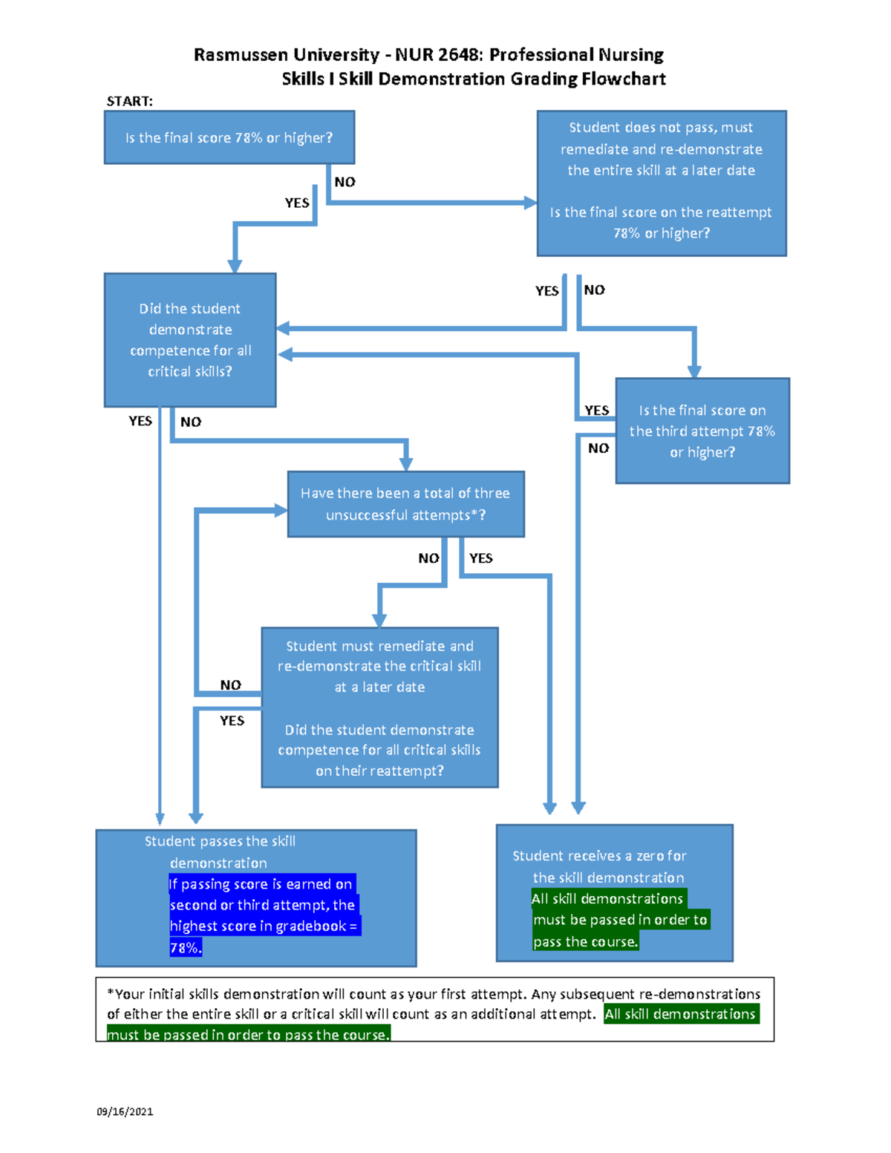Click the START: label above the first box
point(129,101)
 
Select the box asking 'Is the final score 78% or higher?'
point(229,137)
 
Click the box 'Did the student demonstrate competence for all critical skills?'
point(190,340)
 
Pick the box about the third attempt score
point(702,431)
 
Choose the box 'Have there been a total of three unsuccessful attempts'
point(405,504)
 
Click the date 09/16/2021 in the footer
point(125,1111)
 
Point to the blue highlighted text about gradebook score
point(263,915)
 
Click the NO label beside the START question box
point(345,182)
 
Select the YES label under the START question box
point(297,203)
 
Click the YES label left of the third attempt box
point(596,410)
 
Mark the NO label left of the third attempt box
point(598,448)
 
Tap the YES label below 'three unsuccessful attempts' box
point(480,558)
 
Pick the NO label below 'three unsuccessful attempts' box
point(428,558)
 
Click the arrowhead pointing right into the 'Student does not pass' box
point(530,203)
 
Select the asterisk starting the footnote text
point(111,993)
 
